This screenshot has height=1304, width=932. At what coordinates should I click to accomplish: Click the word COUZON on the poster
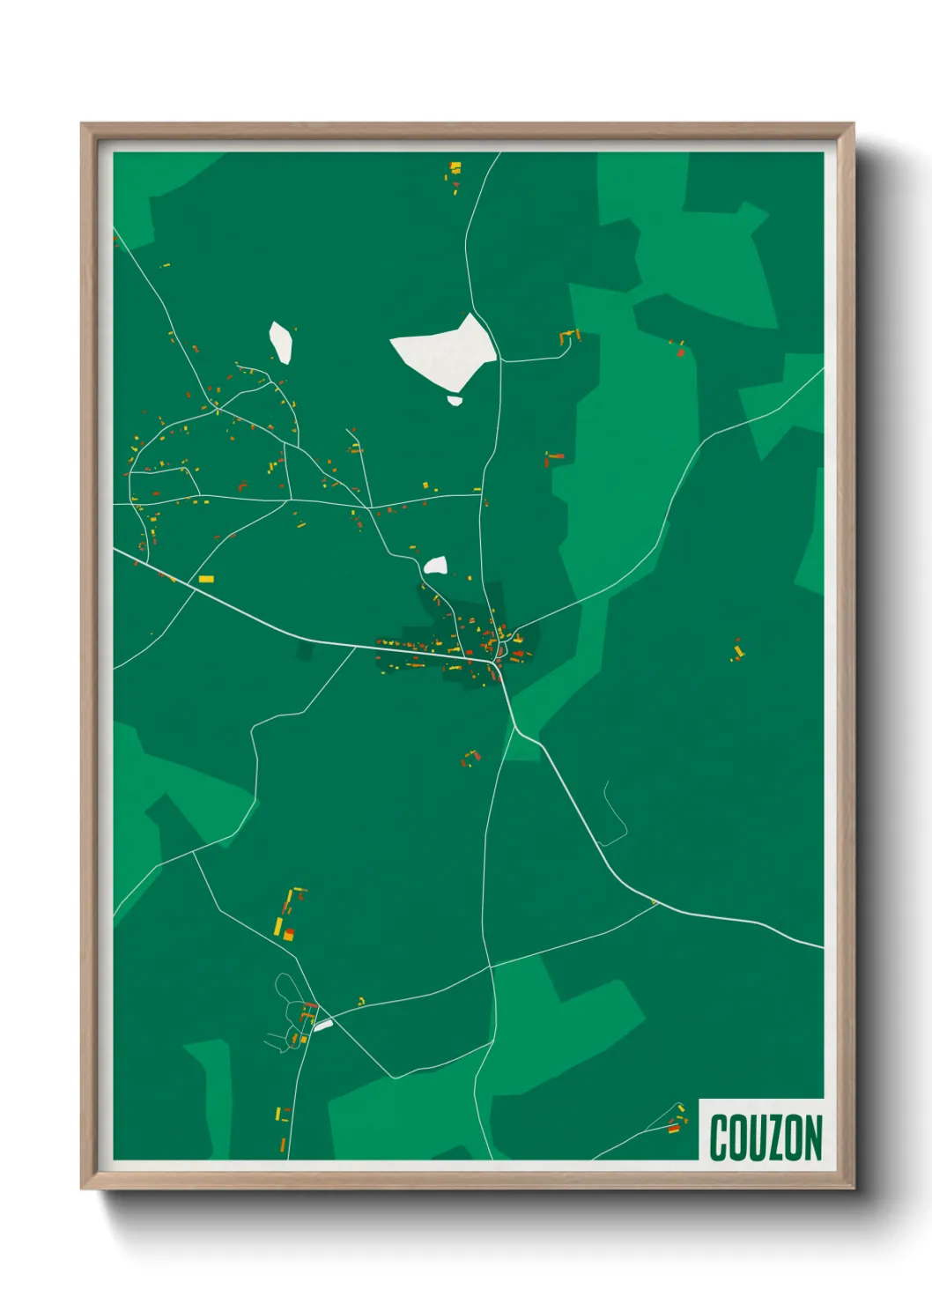(x=765, y=1137)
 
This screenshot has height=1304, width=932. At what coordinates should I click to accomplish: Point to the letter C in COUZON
(x=718, y=1137)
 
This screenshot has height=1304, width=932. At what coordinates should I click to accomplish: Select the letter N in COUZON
(x=812, y=1137)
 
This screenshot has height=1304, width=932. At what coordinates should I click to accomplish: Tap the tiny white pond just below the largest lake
(x=455, y=400)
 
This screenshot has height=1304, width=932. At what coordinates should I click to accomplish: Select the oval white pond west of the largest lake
(x=281, y=341)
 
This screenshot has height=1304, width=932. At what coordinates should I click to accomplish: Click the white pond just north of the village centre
(x=435, y=566)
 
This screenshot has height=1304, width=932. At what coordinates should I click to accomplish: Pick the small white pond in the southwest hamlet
(x=323, y=1026)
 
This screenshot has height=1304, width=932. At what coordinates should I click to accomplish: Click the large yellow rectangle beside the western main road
(x=206, y=579)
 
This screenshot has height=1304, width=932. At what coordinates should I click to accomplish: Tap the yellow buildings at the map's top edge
(x=455, y=168)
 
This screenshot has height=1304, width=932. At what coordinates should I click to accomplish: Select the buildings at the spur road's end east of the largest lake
(x=568, y=337)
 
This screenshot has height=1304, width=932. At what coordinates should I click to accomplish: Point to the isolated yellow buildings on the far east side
(x=738, y=652)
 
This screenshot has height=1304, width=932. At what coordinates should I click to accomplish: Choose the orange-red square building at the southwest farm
(x=288, y=934)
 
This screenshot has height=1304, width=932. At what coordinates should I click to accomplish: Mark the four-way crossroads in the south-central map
(x=489, y=967)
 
